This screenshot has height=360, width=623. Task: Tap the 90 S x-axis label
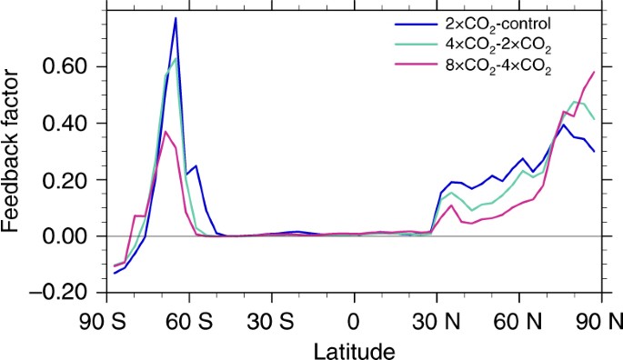107,320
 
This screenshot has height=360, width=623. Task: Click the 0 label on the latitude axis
354,320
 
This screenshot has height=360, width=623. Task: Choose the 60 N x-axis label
518,320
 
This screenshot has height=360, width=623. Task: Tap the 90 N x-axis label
600,320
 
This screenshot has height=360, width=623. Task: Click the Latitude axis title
355,347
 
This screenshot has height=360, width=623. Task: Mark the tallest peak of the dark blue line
176,18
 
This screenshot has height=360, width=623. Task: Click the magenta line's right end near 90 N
595,72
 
